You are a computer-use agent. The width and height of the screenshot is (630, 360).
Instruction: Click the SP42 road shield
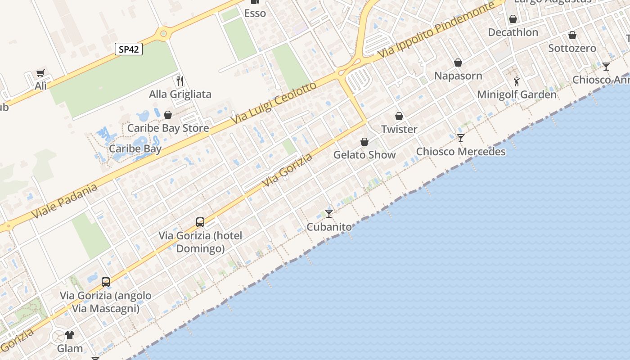coord(129,49)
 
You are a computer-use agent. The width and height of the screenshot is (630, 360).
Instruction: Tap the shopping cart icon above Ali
coord(40,73)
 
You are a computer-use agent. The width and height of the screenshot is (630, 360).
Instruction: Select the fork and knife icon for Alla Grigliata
coord(180,81)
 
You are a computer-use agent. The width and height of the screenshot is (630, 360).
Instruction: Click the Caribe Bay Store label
coord(168,128)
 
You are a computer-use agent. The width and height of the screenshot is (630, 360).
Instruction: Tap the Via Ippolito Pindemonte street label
coord(436,30)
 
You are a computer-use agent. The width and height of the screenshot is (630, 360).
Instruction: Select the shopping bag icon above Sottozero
coord(572,35)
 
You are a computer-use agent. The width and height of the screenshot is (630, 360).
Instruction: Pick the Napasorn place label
coord(458,76)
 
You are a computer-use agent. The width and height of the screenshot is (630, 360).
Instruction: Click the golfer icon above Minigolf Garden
coord(517,81)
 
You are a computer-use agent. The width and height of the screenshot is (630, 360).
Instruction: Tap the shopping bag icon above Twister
coord(399,116)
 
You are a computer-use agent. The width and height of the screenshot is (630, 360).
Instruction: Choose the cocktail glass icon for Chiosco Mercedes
coord(460,138)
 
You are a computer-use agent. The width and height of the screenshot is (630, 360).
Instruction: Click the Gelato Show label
coord(364,155)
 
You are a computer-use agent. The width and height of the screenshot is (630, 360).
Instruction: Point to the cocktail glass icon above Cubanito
coord(329,214)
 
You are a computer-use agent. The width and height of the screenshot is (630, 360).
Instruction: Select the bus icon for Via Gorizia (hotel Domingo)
coord(200,222)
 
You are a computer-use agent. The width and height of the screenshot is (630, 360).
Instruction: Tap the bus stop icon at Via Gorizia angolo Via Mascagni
coord(106,283)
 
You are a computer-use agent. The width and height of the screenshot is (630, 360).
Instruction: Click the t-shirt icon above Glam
coord(70,335)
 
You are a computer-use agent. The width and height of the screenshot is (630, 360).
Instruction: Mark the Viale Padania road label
coord(65,201)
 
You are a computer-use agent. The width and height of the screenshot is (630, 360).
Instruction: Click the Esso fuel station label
coord(255,13)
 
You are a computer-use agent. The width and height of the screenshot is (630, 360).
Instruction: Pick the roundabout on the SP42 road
coord(163,33)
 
